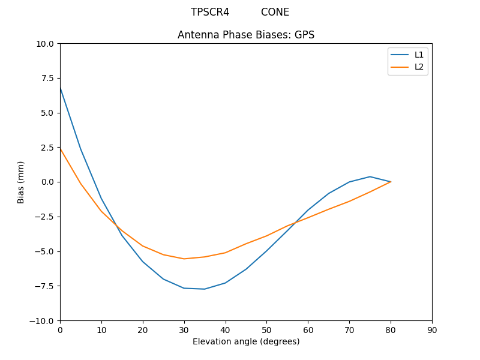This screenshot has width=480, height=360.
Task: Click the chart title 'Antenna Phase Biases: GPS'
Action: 246,35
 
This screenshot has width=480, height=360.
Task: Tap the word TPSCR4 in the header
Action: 210,12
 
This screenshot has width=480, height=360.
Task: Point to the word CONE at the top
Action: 275,12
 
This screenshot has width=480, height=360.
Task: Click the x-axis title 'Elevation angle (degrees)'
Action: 246,342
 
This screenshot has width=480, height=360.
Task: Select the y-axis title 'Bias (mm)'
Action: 21,182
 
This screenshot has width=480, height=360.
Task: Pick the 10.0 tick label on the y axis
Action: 45,44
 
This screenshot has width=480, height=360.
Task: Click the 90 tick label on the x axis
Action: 432,330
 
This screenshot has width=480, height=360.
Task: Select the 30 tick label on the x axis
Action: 184,330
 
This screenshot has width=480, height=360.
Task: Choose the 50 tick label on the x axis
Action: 266,330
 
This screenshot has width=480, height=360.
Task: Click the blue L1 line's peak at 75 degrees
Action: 370,176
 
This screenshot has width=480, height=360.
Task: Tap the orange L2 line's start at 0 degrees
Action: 60,148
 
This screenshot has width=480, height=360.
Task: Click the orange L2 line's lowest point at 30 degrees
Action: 184,259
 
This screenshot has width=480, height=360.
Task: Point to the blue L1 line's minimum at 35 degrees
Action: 205,289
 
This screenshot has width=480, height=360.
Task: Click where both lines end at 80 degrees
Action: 391,182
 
